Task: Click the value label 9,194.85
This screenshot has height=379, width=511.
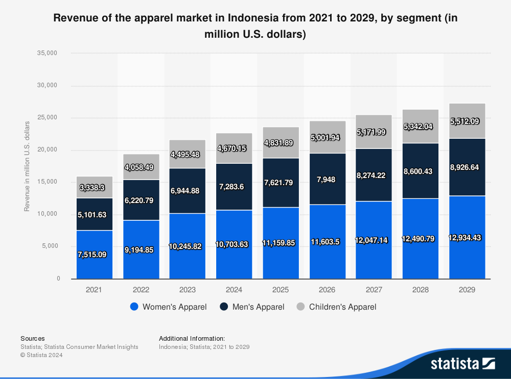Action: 141,250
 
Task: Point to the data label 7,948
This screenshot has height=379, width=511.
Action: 327,179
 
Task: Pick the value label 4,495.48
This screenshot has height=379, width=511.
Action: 188,154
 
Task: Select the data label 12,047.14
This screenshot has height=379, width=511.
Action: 374,240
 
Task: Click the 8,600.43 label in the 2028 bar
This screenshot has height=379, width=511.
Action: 421,171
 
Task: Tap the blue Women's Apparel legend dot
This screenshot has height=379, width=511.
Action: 134,307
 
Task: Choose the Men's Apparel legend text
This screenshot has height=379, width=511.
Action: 258,307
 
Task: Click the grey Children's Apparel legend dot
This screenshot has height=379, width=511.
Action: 301,307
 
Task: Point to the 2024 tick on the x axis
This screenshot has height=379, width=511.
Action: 234,290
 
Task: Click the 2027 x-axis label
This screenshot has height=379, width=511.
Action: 374,290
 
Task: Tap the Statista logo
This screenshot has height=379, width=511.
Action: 463,363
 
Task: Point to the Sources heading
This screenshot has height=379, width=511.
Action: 32,338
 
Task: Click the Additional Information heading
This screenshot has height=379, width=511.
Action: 192,338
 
